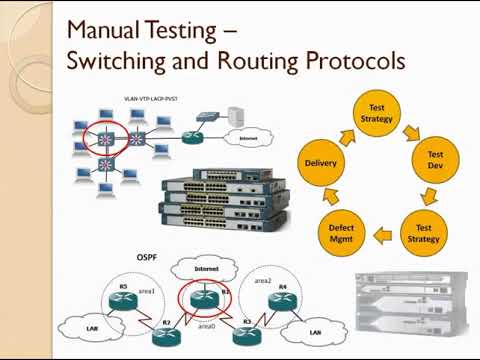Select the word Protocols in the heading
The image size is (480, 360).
(x=347, y=61)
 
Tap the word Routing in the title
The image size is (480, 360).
(x=258, y=61)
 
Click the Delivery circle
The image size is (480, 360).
(x=326, y=162)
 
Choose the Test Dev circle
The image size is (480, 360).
(x=435, y=162)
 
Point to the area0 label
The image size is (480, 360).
(x=205, y=326)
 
